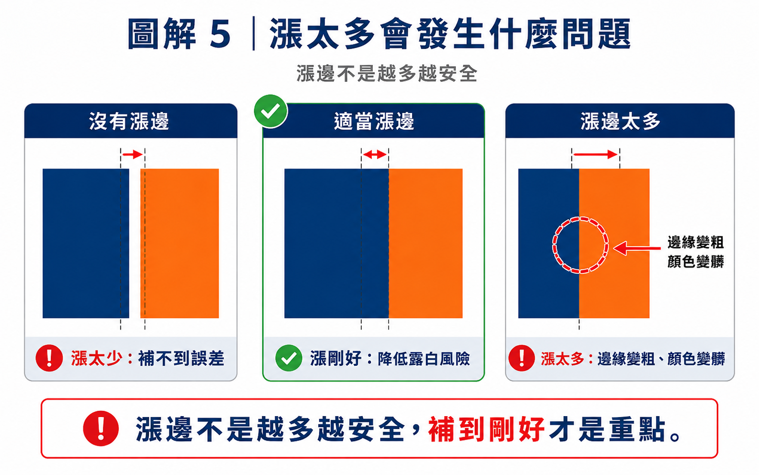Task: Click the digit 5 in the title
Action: [220, 34]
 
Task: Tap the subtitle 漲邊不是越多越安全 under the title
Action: [387, 74]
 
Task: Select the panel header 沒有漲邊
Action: [129, 121]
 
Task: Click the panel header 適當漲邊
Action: [374, 121]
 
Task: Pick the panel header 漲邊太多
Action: [620, 121]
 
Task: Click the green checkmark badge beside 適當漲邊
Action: [270, 111]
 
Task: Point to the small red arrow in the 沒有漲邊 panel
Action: [133, 155]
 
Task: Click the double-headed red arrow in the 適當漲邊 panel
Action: [375, 155]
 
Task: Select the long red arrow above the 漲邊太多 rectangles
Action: [595, 155]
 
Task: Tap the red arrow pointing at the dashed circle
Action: [637, 248]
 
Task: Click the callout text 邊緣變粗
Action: [696, 242]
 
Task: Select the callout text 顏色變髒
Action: [696, 261]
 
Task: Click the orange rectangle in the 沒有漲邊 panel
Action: [179, 243]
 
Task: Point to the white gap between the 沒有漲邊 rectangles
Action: [134, 243]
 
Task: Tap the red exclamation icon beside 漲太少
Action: [49, 358]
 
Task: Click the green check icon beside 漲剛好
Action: [289, 358]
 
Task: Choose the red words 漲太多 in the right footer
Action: [562, 359]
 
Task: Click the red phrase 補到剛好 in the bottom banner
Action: [487, 429]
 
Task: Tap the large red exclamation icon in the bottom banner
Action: [100, 428]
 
